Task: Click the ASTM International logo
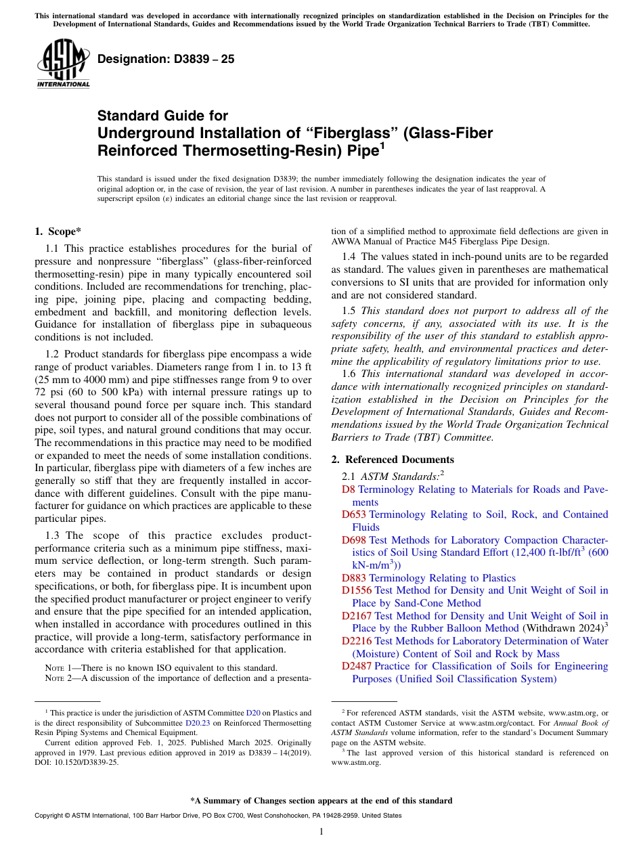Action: [x=63, y=64]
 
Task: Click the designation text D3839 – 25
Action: [x=167, y=59]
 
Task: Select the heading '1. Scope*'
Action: [x=58, y=231]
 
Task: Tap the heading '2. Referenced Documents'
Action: [x=393, y=459]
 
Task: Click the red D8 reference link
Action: [x=349, y=489]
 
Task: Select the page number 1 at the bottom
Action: [x=321, y=831]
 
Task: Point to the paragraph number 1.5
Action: [x=349, y=311]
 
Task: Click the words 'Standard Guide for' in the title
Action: [x=163, y=116]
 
